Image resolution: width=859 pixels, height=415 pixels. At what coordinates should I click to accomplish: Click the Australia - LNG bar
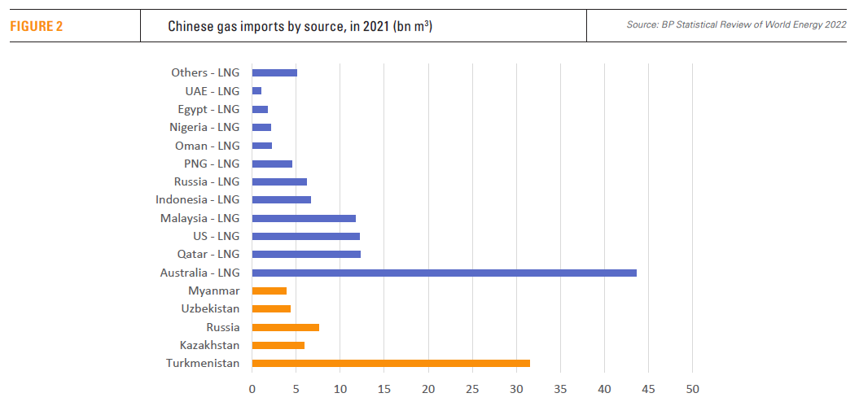pos(444,273)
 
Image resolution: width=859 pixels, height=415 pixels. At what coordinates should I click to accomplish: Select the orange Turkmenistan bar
pos(391,363)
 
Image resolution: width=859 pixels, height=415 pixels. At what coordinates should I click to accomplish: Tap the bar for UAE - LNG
pos(256,91)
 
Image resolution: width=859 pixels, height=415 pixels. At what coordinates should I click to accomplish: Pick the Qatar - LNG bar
pos(306,255)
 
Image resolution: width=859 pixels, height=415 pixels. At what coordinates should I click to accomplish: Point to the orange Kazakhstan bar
pos(278,345)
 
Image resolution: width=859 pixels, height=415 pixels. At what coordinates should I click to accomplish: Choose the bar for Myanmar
pos(270,290)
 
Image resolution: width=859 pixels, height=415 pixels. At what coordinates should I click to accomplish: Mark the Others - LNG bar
pos(274,72)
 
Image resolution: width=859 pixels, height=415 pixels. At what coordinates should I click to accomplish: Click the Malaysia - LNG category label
pos(200,218)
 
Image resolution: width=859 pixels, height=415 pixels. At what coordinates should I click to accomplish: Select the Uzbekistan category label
pos(210,308)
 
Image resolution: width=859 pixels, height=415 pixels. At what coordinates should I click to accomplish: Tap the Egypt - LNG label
pos(208,109)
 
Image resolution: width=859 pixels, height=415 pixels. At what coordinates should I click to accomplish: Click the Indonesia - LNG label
pos(198,199)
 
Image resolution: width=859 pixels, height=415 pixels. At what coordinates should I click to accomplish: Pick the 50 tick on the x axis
pos(692,389)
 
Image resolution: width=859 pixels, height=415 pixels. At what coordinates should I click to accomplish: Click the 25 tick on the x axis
pos(472,389)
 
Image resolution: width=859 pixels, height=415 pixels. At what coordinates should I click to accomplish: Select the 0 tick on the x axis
pos(252,389)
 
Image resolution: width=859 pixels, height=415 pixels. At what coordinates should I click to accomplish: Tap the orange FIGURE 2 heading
pos(37,26)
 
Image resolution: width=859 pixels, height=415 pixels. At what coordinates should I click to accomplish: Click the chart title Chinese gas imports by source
pos(300,26)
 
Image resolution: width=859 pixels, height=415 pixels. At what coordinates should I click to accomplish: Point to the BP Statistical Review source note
pos(736,25)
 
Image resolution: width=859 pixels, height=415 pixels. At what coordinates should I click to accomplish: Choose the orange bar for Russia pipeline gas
pos(286,327)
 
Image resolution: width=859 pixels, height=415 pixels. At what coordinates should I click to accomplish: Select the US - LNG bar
pos(306,236)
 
